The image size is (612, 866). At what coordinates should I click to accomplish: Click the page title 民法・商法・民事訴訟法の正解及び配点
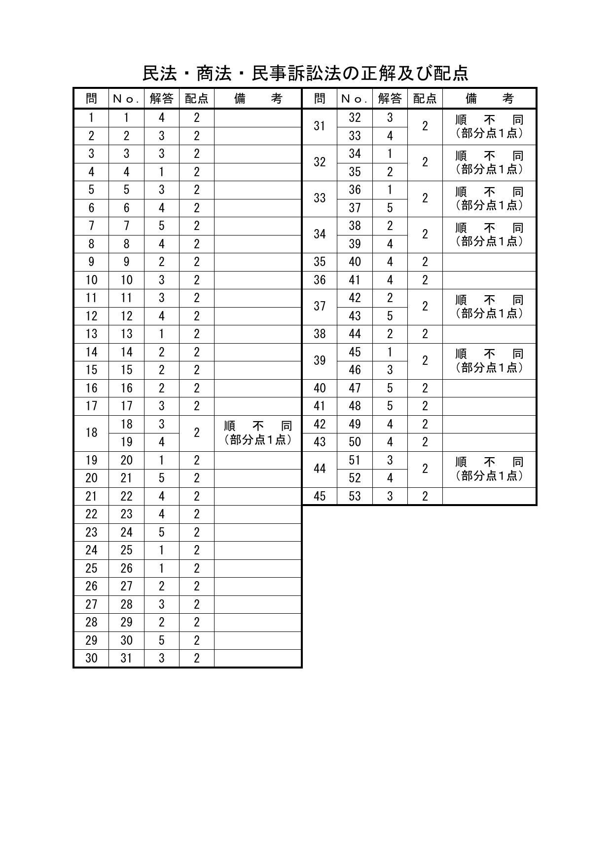pyautogui.click(x=305, y=74)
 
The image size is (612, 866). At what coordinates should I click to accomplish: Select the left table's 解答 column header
pyautogui.click(x=161, y=99)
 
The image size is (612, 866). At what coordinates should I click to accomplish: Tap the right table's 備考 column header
pyautogui.click(x=489, y=99)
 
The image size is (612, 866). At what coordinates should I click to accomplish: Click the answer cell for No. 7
pyautogui.click(x=161, y=226)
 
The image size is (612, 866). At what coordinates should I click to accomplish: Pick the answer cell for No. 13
pyautogui.click(x=161, y=334)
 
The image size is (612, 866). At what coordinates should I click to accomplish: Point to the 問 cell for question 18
pyautogui.click(x=91, y=433)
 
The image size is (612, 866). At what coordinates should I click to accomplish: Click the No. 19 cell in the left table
pyautogui.click(x=126, y=442)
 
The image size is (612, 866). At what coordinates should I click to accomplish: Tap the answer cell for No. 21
pyautogui.click(x=161, y=478)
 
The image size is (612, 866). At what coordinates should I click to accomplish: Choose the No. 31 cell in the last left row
pyautogui.click(x=126, y=659)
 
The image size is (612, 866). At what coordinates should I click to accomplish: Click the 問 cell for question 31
pyautogui.click(x=320, y=126)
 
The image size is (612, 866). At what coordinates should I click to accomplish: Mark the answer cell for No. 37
pyautogui.click(x=390, y=208)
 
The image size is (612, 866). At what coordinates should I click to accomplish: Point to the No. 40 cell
pyautogui.click(x=355, y=262)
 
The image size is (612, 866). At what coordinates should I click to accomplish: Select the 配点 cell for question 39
pyautogui.click(x=425, y=361)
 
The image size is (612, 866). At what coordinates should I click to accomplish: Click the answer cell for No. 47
pyautogui.click(x=390, y=389)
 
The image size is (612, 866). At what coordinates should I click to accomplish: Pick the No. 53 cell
pyautogui.click(x=355, y=497)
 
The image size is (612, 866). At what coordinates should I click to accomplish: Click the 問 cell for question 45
pyautogui.click(x=320, y=497)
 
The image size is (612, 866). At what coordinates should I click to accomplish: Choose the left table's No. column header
pyautogui.click(x=126, y=99)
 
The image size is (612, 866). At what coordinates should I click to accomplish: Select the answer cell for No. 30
pyautogui.click(x=161, y=641)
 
